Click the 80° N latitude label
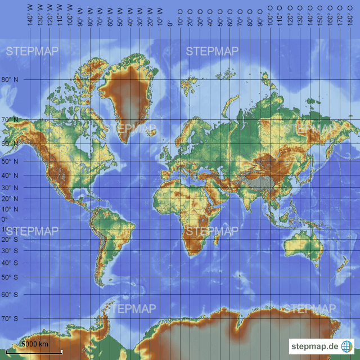click(9, 80)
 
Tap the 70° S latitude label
click(9, 318)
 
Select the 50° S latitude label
click(9, 277)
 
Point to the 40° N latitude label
click(9, 175)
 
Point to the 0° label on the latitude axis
click(4, 219)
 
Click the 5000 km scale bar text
click(35, 344)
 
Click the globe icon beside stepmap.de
click(347, 346)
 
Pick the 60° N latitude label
click(9, 143)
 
